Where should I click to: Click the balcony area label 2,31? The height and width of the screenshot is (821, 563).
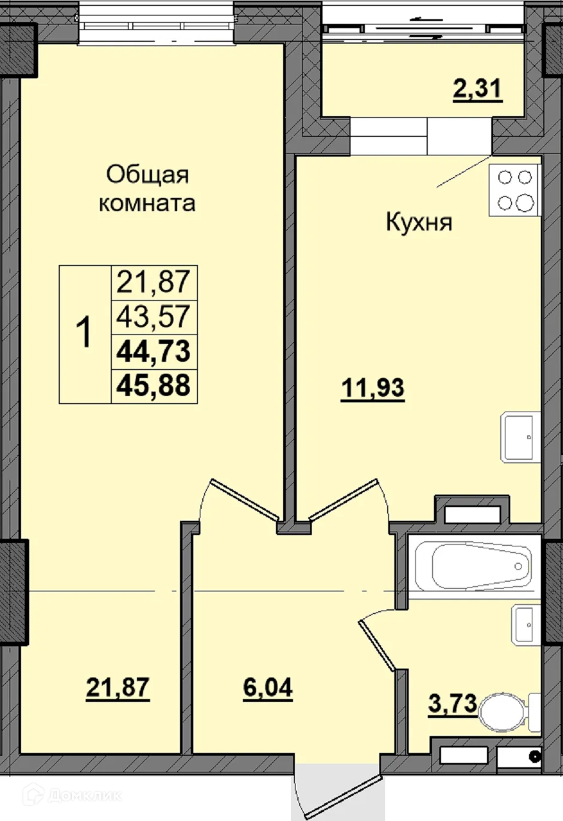tap(477, 90)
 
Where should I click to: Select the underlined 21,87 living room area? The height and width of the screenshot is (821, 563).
tap(118, 689)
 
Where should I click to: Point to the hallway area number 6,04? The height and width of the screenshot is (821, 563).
tap(268, 689)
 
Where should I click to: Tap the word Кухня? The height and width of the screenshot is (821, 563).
tap(419, 222)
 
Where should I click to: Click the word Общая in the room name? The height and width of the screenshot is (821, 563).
tap(147, 175)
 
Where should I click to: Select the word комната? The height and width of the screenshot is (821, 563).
tap(147, 204)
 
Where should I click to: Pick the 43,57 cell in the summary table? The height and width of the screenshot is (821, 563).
tap(154, 318)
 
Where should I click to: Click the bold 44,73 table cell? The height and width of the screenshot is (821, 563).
tap(154, 352)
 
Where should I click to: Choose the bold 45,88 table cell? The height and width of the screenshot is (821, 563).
tap(154, 386)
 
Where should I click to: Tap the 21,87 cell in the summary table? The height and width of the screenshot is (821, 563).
tap(154, 283)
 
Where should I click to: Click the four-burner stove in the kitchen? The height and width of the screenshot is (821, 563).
tap(515, 190)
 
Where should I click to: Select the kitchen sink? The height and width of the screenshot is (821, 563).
tap(521, 437)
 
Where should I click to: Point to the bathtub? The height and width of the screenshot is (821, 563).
tap(474, 566)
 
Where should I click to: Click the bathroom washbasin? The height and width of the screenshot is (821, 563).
tap(526, 625)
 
